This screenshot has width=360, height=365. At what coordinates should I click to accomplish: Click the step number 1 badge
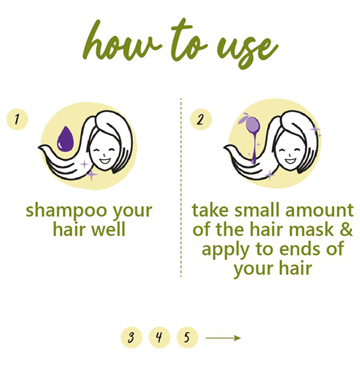click(17, 119)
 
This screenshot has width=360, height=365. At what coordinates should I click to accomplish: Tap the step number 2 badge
click(201, 119)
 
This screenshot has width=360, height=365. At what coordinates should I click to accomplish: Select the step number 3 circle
click(131, 337)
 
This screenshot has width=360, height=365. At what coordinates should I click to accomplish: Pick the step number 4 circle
click(159, 337)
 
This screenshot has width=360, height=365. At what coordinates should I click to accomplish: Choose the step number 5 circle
click(187, 337)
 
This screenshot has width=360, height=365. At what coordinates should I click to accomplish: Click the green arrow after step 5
click(223, 338)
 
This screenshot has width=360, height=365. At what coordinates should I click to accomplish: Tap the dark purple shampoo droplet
click(65, 139)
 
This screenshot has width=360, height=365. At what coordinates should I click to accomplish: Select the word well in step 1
click(108, 229)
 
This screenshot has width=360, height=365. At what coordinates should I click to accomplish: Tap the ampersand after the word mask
click(346, 229)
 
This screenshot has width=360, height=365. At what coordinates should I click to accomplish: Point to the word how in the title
click(122, 42)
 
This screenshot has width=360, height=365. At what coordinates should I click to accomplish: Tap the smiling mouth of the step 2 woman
click(290, 161)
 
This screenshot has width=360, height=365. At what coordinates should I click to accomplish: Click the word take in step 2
click(210, 210)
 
